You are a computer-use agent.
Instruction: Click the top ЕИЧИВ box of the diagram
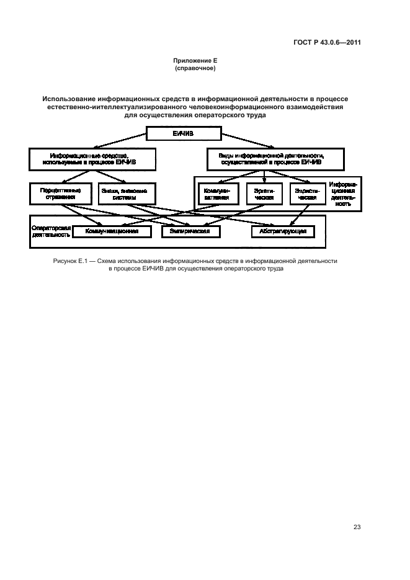tap(183, 133)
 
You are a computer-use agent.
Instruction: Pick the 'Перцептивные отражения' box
tap(60, 194)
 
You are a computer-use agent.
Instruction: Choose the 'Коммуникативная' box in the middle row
tap(217, 194)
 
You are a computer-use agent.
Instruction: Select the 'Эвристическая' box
tap(308, 194)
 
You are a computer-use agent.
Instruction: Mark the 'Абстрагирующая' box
tap(282, 231)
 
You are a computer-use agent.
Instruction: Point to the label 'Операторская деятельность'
tap(51, 231)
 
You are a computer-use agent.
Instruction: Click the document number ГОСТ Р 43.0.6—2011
tap(328, 43)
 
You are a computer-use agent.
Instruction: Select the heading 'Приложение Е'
tap(194, 61)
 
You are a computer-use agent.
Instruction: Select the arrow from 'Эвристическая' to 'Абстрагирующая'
tap(298, 215)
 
